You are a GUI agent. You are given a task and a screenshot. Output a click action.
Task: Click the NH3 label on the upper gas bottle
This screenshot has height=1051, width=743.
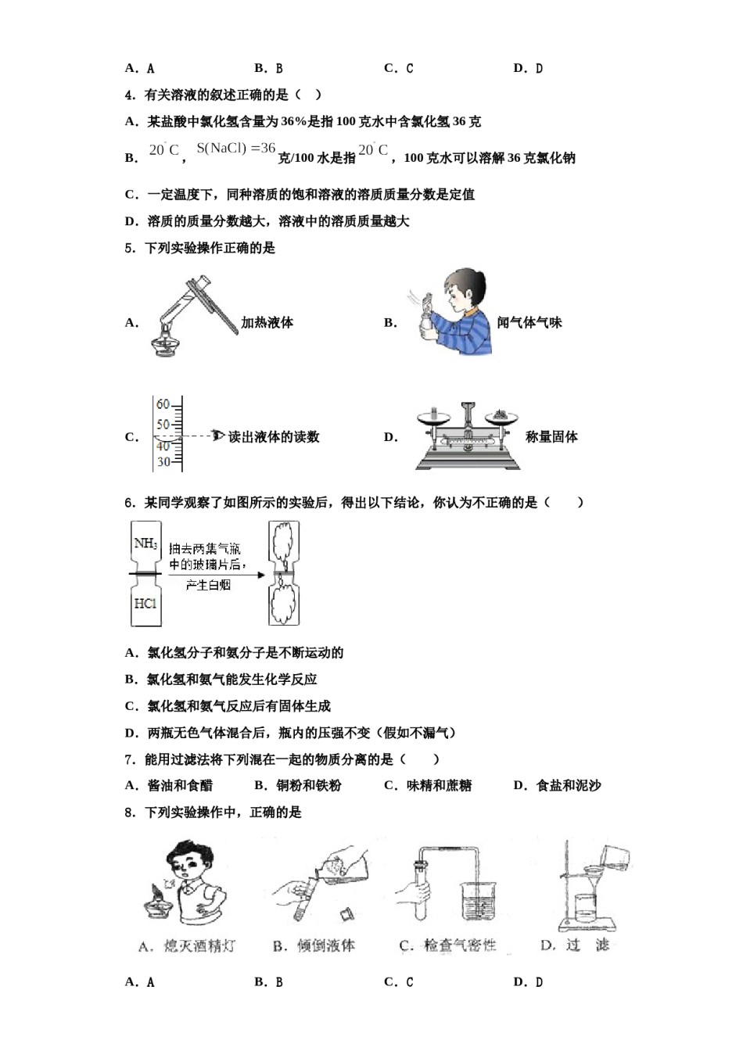point(145,543)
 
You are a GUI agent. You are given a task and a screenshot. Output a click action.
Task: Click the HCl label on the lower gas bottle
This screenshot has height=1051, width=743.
point(145,604)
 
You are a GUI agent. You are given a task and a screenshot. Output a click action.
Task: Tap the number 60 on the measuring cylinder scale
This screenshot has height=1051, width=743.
point(163,404)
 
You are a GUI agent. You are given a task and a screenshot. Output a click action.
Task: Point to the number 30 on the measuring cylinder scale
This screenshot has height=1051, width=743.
point(163,461)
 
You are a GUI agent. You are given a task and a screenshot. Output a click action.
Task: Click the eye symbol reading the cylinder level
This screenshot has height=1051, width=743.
point(218,435)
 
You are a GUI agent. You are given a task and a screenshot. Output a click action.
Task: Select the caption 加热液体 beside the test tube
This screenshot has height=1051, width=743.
point(267,322)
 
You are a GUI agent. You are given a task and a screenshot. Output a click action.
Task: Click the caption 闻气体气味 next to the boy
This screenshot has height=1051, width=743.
point(529,322)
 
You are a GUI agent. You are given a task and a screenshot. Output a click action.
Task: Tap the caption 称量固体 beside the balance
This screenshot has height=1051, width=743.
point(551,437)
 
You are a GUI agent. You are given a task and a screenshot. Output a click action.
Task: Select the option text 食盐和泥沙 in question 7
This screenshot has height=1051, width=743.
point(569,785)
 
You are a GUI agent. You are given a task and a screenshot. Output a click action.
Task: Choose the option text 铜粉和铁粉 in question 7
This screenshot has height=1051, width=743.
point(309,785)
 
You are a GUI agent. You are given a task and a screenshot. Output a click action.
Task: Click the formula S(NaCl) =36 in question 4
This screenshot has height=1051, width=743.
point(236,148)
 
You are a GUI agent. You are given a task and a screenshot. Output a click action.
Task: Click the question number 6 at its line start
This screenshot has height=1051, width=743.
point(129,502)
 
